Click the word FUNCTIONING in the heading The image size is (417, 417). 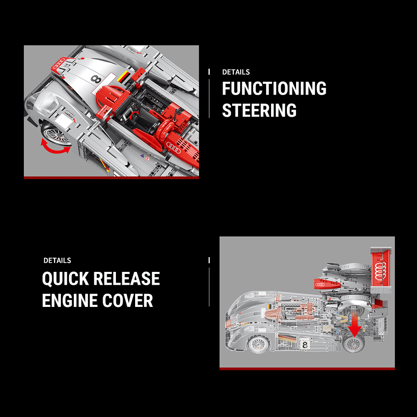(274, 88)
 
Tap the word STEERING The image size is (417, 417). (259, 111)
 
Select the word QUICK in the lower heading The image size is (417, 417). (65, 279)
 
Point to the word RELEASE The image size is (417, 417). (126, 279)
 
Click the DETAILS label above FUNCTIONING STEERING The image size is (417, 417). (236, 72)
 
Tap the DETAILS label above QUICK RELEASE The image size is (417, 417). (57, 261)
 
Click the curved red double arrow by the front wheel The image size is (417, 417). (55, 146)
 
